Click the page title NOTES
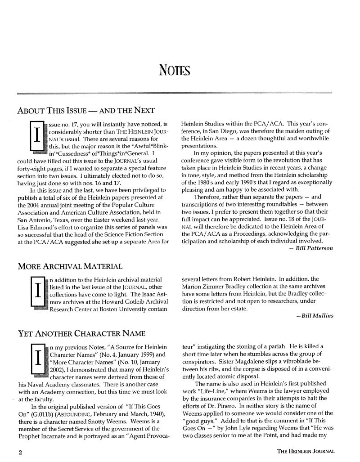pyautogui.click(x=175, y=70)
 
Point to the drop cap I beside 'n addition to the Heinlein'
pyautogui.click(x=35, y=293)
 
